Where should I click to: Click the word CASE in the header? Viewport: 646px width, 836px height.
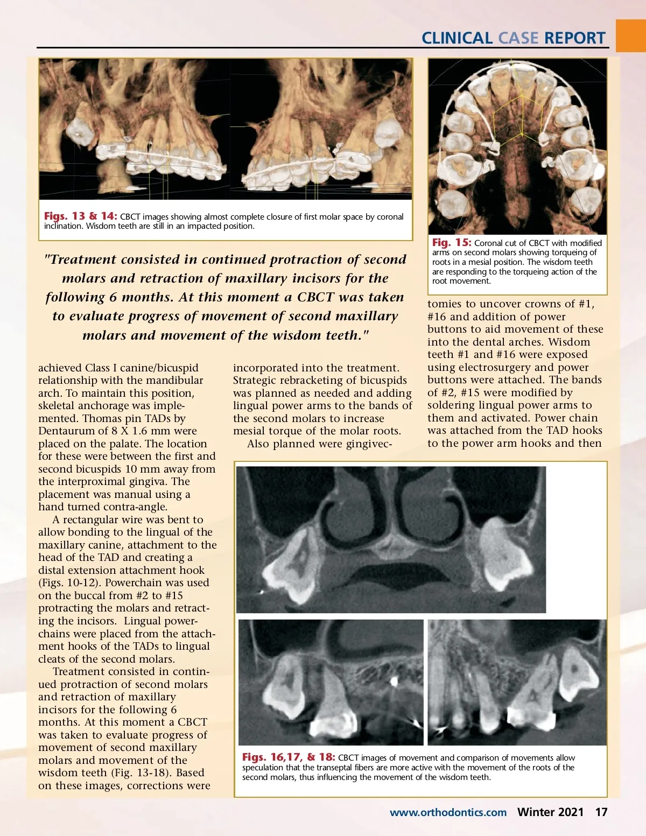[518, 38]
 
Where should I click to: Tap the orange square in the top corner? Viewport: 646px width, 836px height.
[630, 36]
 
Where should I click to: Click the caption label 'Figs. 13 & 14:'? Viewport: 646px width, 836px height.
[80, 216]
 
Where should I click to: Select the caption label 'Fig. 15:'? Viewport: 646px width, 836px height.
[451, 243]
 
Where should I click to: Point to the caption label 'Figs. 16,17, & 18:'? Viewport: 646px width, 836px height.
[288, 757]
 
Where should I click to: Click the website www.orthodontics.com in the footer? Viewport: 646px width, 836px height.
[448, 812]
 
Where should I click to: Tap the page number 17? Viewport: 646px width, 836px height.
[601, 812]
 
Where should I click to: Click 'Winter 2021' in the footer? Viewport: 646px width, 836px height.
[550, 812]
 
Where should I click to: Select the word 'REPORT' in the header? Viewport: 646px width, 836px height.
[575, 38]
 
